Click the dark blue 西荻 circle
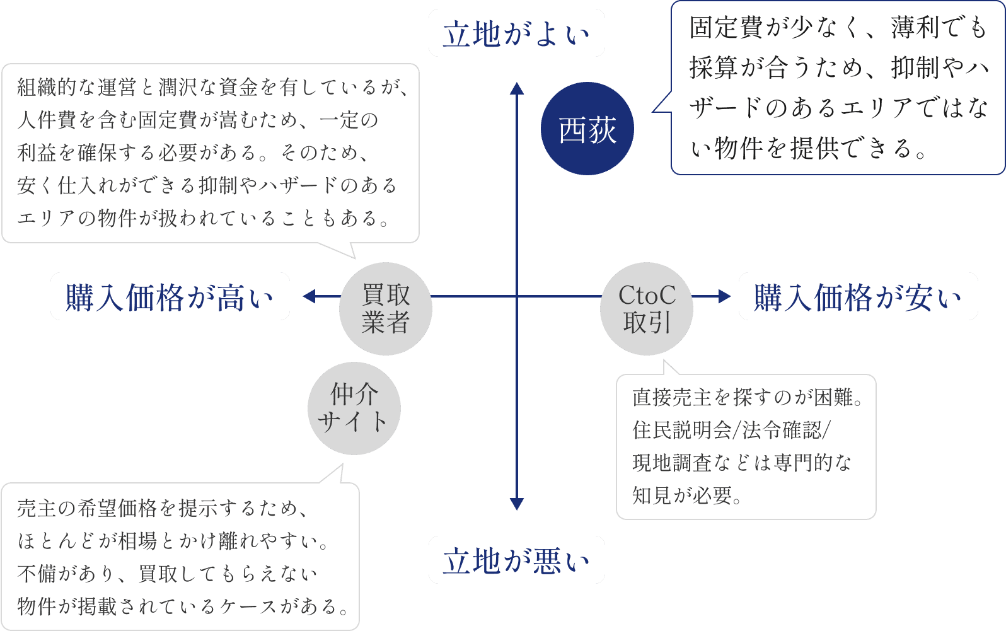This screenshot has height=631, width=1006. [x=587, y=129]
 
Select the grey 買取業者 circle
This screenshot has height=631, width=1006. [x=386, y=308]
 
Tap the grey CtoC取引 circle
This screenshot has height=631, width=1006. [x=647, y=308]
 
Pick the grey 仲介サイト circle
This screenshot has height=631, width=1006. [x=354, y=408]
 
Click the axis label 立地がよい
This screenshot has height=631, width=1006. [x=516, y=33]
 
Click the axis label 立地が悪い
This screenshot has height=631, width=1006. [x=516, y=560]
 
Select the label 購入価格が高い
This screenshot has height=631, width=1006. [x=170, y=297]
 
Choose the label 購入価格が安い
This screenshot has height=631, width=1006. [x=858, y=297]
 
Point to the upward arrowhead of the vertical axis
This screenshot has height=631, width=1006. [x=517, y=88]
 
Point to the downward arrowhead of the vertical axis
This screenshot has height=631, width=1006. [x=517, y=504]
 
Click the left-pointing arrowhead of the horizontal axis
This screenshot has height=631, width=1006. [x=309, y=296]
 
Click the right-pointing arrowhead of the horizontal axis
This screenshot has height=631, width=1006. [x=724, y=296]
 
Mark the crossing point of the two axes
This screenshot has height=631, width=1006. [x=517, y=296]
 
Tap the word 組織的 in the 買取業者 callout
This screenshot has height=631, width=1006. [x=47, y=87]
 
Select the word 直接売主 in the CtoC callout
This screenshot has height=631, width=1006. [x=672, y=397]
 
